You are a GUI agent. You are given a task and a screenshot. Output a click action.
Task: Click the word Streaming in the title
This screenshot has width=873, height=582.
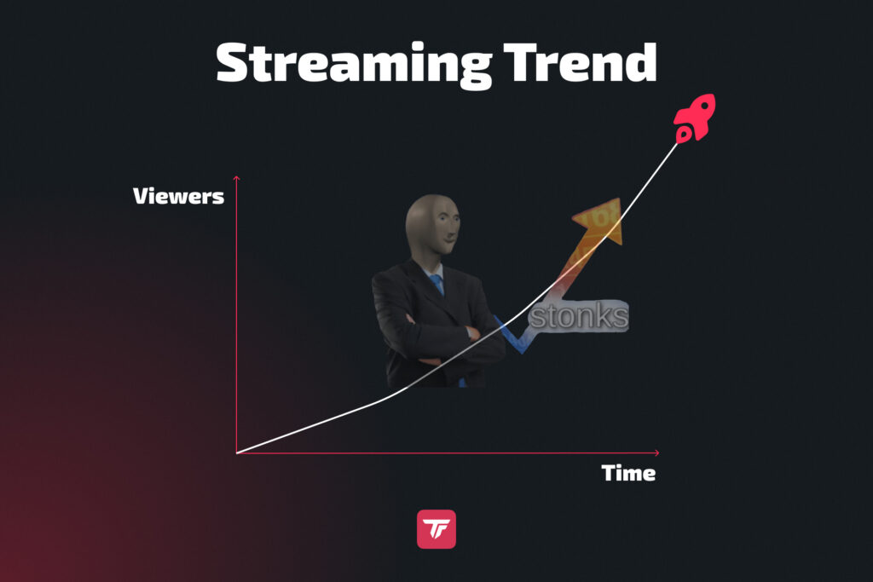[351, 62]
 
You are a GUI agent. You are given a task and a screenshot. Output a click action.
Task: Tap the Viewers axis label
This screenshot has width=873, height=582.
[178, 196]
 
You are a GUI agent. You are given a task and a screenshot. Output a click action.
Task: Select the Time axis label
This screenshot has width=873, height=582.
[628, 473]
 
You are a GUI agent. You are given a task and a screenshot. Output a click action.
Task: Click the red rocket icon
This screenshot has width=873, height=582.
[694, 118]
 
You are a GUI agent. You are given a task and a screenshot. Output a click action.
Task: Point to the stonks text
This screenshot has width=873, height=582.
[579, 317]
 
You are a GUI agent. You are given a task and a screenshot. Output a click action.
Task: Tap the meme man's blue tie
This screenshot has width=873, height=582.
[437, 283]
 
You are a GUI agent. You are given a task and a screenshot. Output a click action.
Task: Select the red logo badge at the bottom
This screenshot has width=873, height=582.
[436, 528]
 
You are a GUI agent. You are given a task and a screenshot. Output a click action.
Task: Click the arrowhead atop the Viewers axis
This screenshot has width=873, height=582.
[237, 177]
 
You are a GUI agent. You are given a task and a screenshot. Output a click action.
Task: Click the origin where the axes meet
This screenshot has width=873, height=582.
[237, 452]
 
